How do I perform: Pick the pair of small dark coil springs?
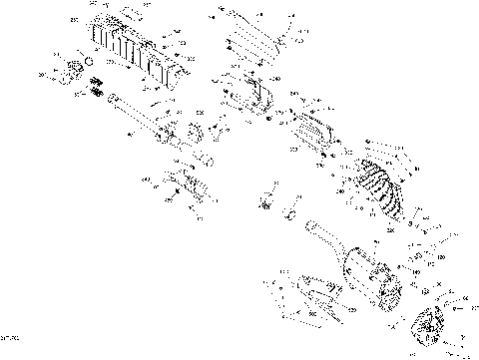pos(97,93)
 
